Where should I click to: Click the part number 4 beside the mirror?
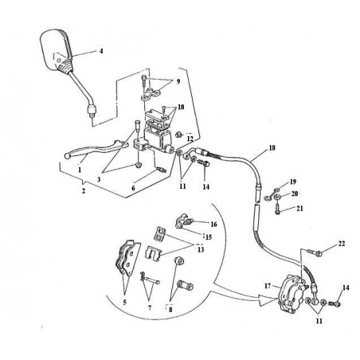click(101, 51)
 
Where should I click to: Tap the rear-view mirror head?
click(56, 50)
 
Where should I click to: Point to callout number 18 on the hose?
click(272, 147)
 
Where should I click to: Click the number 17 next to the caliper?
click(268, 286)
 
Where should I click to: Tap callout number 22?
click(342, 243)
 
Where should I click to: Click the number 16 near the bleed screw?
click(213, 225)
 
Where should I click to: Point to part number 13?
click(201, 249)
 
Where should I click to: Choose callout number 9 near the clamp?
click(178, 81)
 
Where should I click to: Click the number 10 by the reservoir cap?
click(181, 107)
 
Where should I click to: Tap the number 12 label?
click(190, 139)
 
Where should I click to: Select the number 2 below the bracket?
click(84, 191)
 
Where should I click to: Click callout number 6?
click(133, 188)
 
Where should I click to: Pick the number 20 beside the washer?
click(295, 194)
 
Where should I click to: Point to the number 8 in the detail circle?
click(170, 309)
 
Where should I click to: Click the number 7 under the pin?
click(150, 307)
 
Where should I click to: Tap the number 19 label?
click(293, 182)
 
